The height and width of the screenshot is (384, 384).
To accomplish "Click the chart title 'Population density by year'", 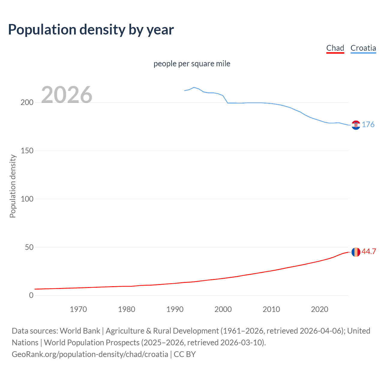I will [x=91, y=30].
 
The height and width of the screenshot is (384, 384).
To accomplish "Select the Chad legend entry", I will [x=335, y=48].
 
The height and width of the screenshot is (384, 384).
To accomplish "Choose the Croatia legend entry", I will [x=363, y=48].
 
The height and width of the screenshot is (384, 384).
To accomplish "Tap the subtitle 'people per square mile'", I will [x=192, y=64].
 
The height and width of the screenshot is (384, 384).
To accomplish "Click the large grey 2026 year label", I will [x=67, y=95].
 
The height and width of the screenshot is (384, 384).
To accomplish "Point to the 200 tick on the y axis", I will [x=27, y=103].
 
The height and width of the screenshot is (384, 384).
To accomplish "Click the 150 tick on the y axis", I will [x=27, y=151].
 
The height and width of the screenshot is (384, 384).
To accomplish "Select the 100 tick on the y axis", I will [x=27, y=199].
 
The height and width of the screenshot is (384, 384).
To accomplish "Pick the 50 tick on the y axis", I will [x=29, y=247].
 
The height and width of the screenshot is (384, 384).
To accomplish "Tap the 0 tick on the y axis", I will [x=31, y=295].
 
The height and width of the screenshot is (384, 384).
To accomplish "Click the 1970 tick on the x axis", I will [x=78, y=309].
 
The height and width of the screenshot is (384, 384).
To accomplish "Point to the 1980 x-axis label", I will [x=127, y=309].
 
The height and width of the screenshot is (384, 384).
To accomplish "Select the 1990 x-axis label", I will [x=175, y=309].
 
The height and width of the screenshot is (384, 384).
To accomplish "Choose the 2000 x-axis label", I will [x=223, y=309].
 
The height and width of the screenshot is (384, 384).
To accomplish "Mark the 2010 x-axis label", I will [x=271, y=309].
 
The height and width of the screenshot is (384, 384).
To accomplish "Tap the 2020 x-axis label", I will [x=319, y=309].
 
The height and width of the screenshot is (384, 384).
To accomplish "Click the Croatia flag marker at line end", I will [x=356, y=125].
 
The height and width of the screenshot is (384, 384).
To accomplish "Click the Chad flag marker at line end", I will [x=356, y=252].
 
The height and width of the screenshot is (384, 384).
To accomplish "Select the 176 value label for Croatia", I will [x=368, y=124].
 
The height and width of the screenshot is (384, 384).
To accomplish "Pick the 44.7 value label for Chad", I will [x=369, y=251].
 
